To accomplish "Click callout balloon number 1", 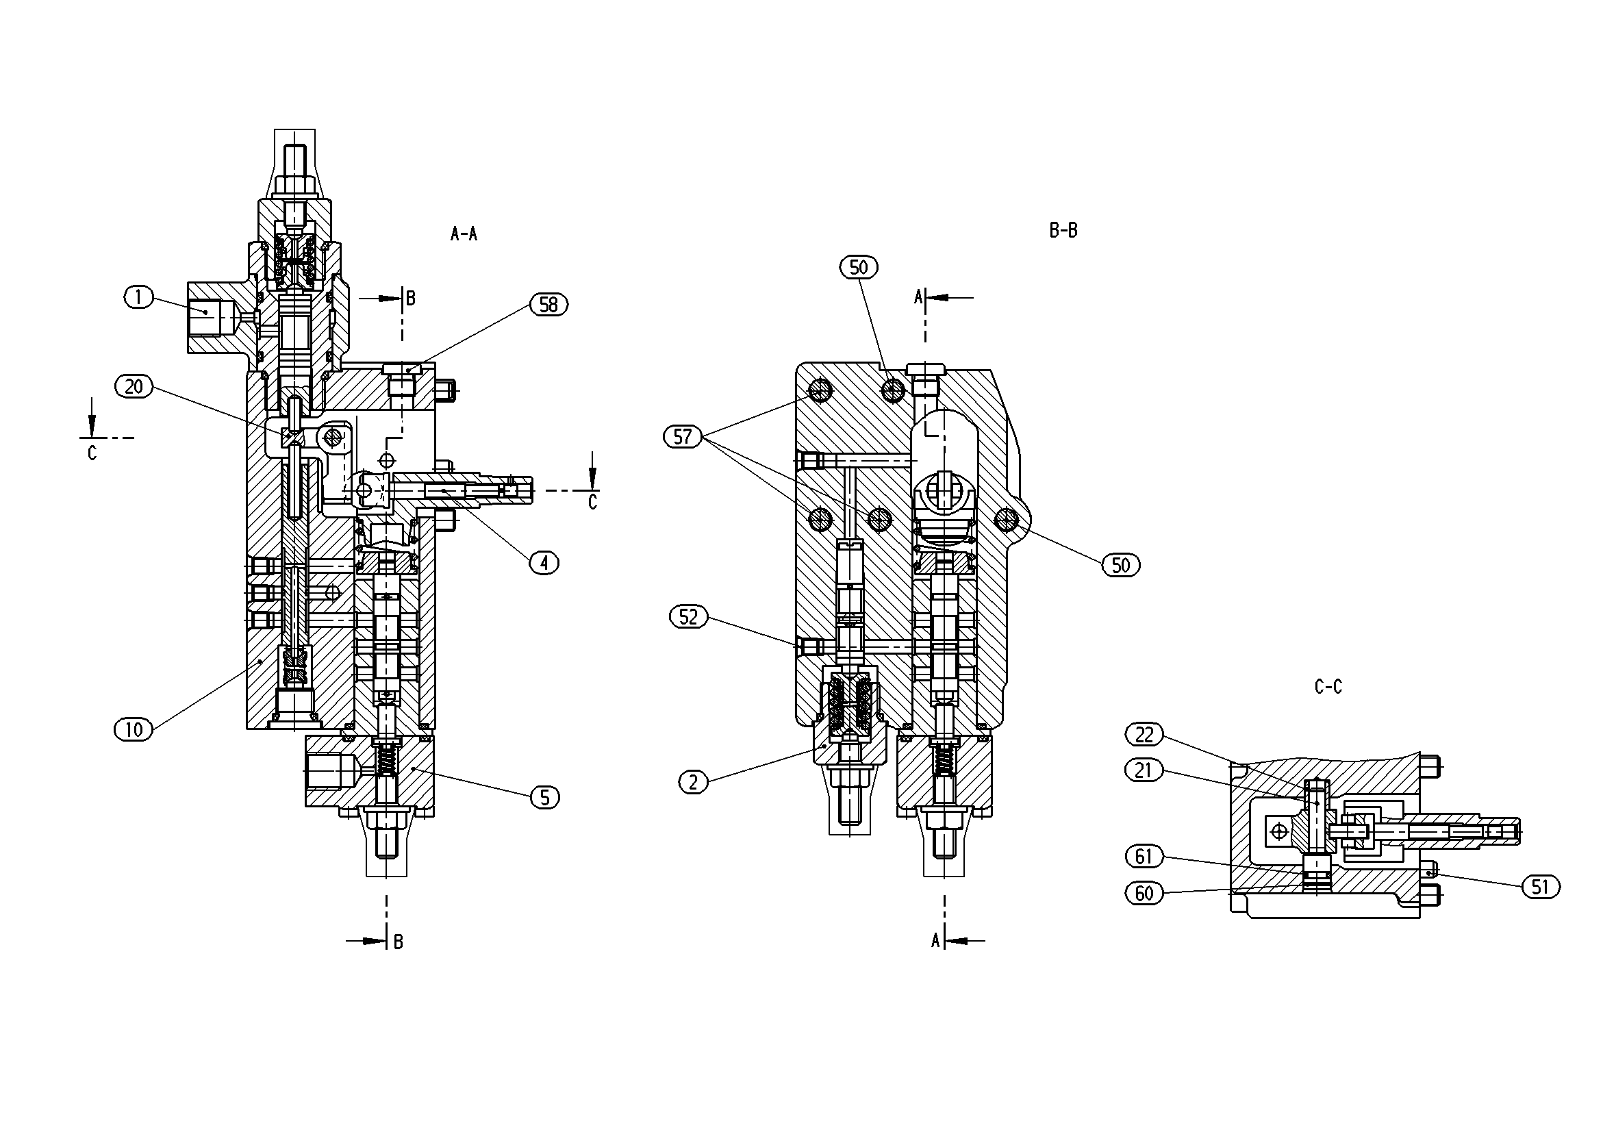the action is click(138, 297).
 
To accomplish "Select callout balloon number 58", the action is click(548, 305).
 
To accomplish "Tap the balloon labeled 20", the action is click(134, 386).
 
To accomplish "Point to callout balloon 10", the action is click(134, 730).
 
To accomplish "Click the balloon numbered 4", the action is click(544, 562).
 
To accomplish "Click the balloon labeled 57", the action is click(683, 437).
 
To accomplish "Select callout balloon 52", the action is click(688, 616).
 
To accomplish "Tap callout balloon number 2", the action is click(693, 782).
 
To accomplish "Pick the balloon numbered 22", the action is click(1144, 734).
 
